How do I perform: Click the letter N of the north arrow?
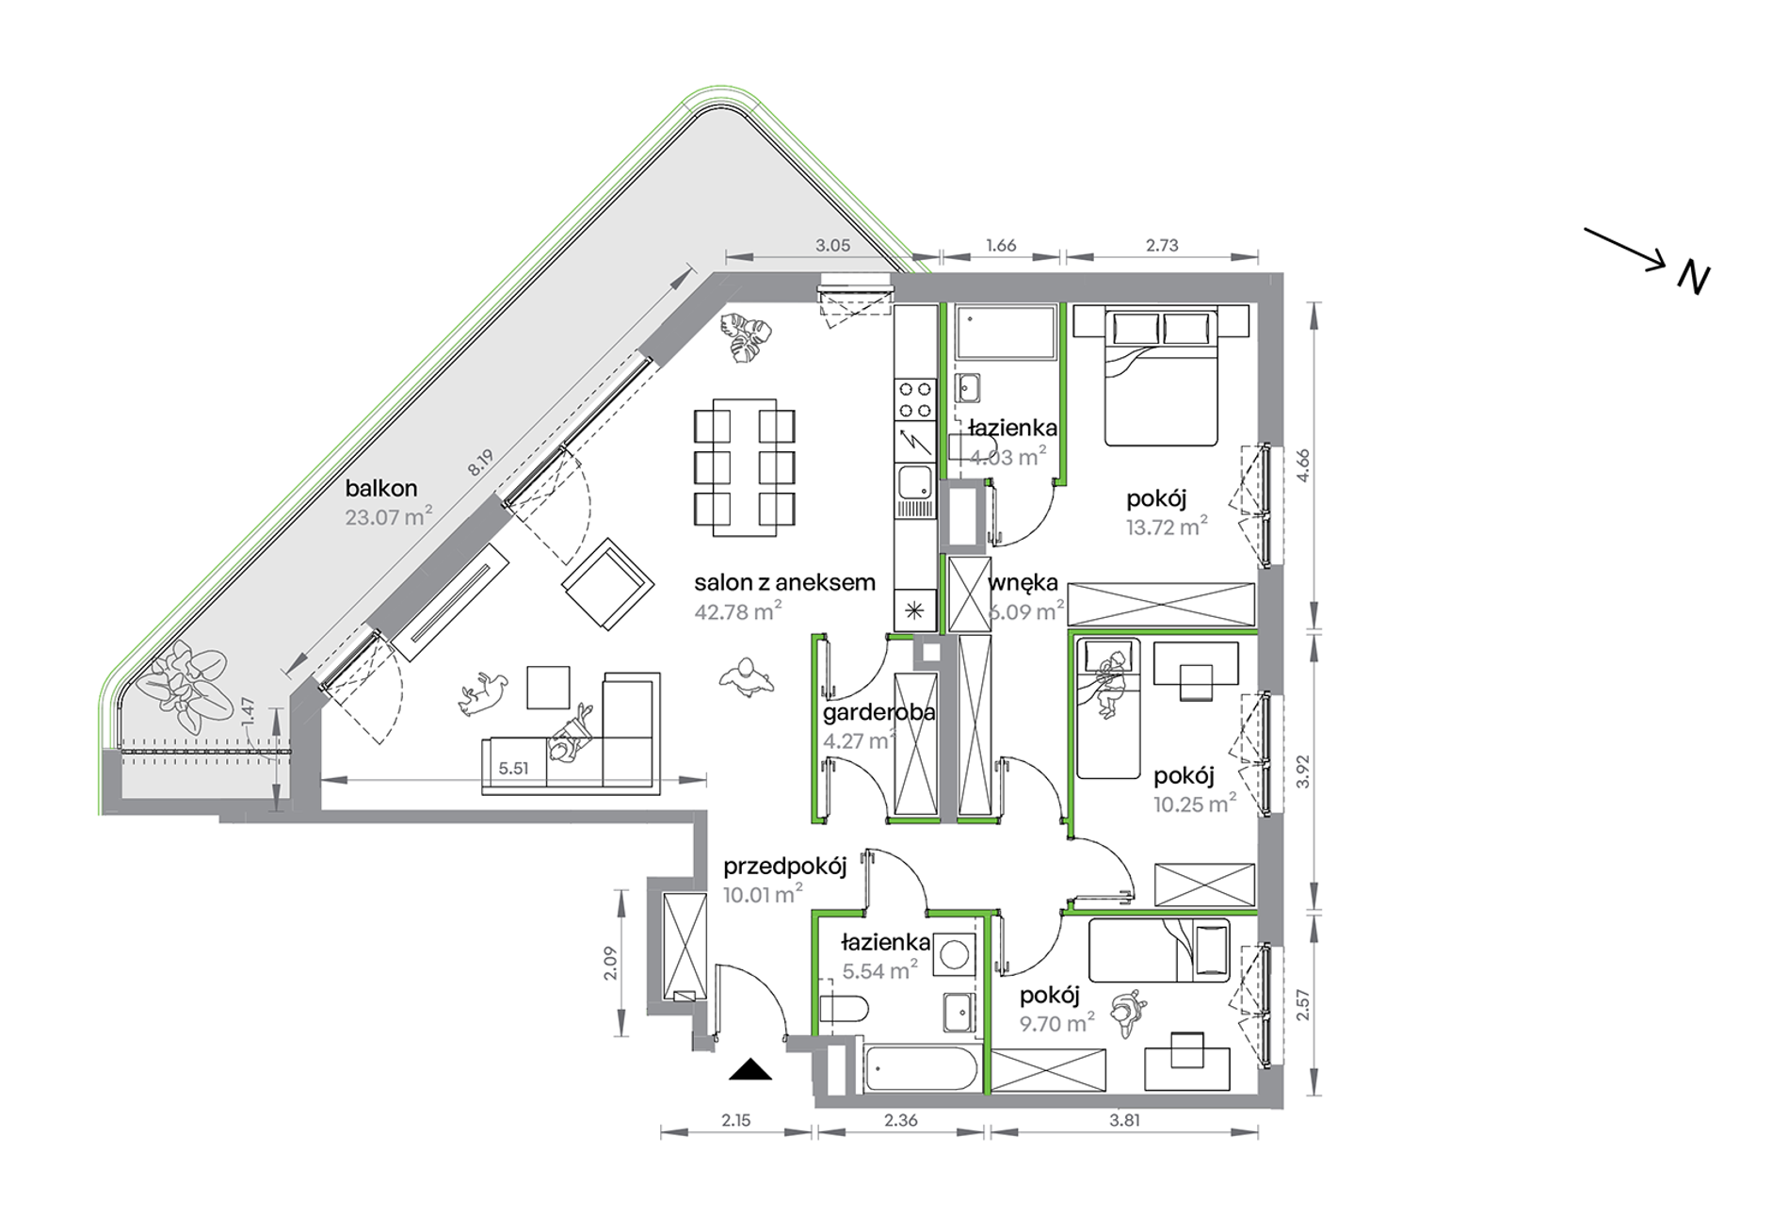point(1694,279)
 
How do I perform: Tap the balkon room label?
point(381,488)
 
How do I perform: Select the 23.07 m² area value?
point(389,516)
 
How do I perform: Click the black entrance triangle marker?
point(750,1069)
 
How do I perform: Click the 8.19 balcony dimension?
point(481,461)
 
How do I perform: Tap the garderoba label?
point(879,712)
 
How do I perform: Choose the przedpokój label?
point(785,867)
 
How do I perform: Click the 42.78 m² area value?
point(738,610)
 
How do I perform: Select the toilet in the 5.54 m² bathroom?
point(842,1009)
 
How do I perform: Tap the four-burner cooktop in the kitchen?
point(914,399)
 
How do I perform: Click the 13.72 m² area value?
point(1168,526)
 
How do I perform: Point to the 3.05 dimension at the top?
point(832,245)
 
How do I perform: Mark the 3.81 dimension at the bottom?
point(1124,1120)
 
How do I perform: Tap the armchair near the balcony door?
point(608,584)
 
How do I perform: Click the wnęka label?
point(1023,582)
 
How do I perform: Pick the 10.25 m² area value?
point(1195,804)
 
